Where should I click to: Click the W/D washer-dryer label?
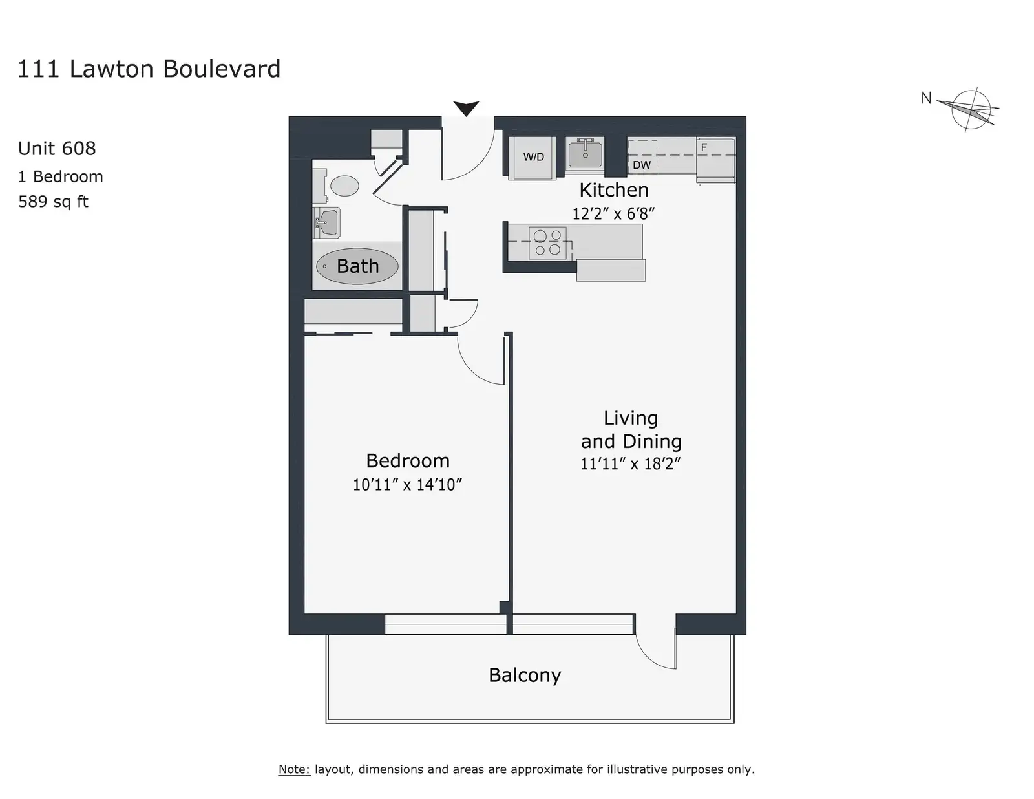coord(533,157)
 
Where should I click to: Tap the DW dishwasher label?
coord(642,165)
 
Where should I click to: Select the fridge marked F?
coord(715,160)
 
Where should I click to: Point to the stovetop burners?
coord(547,242)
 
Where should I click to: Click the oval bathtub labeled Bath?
coord(357,266)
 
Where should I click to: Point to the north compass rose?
coord(970,110)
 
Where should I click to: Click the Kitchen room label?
coord(614,190)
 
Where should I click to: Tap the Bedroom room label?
coord(408,461)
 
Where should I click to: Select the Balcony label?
coord(525,676)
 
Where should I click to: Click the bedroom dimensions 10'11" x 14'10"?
coord(407,485)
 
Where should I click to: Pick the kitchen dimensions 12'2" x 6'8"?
coord(613,214)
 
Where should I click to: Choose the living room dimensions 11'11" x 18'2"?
coord(631,463)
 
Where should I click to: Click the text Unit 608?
coord(57,149)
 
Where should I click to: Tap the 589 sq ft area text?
coord(53,201)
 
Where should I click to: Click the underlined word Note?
coord(294,769)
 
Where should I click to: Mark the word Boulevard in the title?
coord(222,69)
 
